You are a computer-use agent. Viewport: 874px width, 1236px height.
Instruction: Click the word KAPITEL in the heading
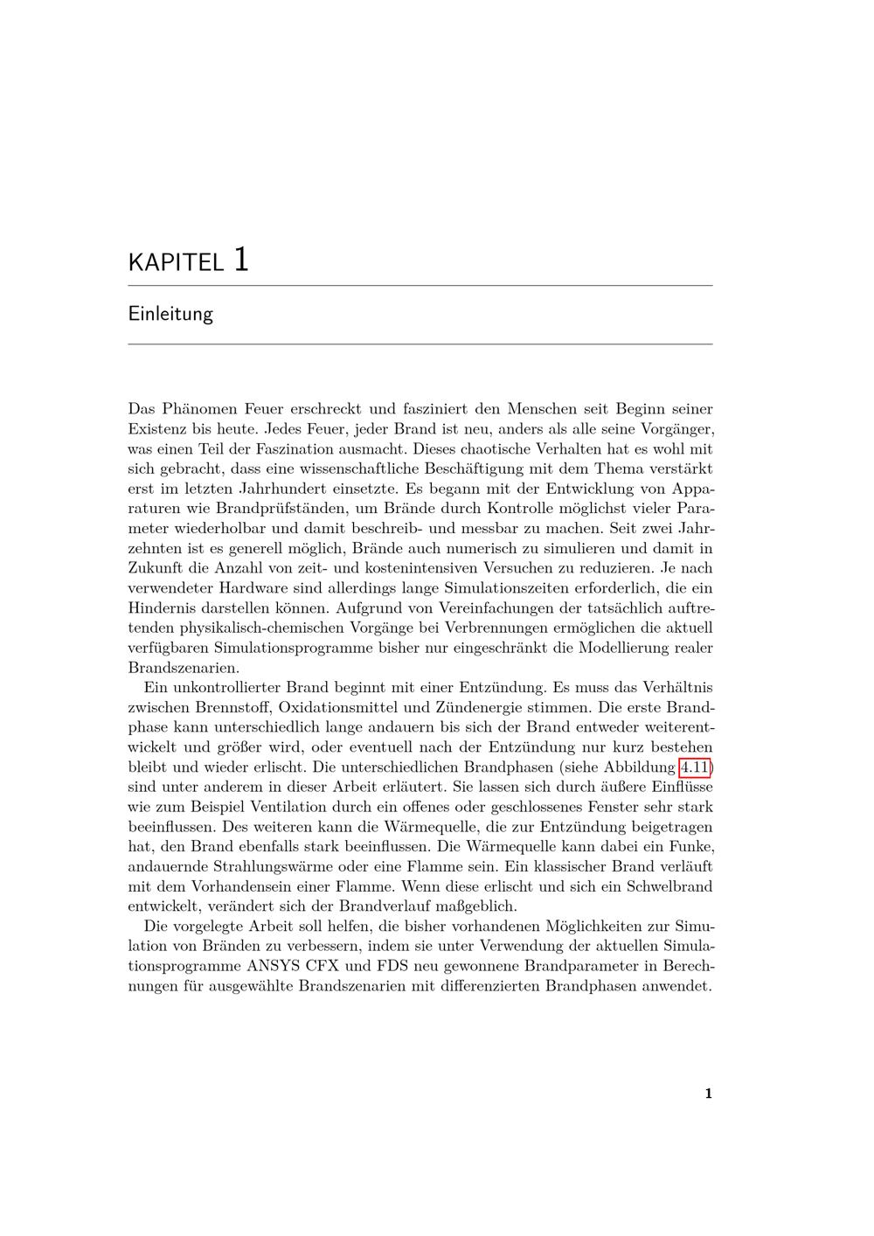tap(176, 262)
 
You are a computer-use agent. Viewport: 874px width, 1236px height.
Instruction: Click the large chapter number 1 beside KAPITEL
tap(241, 259)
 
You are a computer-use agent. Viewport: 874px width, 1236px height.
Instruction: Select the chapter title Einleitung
tap(170, 313)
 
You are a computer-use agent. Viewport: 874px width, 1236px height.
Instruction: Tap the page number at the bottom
tap(709, 1094)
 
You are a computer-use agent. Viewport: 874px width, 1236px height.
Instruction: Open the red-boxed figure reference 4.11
tap(694, 767)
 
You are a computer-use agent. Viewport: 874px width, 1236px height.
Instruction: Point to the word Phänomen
tap(200, 408)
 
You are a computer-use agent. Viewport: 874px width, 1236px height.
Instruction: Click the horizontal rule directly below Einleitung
tap(420, 344)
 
